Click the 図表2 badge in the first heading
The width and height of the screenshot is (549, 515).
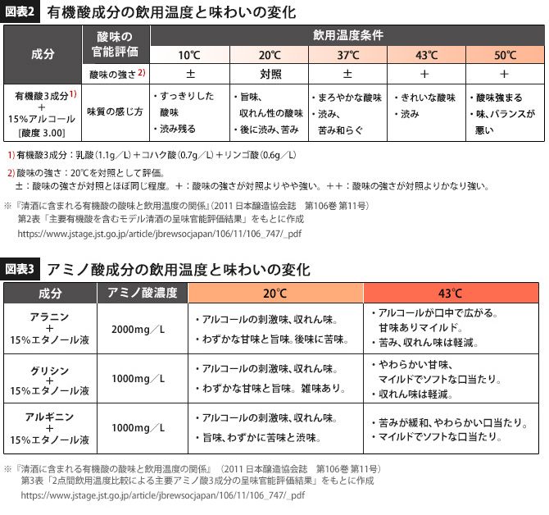[23, 13]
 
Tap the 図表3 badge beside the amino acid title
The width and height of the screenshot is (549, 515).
[23, 268]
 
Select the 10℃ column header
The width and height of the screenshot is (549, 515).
[190, 55]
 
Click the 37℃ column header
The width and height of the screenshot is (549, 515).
[348, 55]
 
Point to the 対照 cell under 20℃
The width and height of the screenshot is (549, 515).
[270, 74]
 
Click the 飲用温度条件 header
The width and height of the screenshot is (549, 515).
[348, 36]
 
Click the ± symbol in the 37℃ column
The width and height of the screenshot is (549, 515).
[348, 74]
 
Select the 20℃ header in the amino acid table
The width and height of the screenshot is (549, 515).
[275, 293]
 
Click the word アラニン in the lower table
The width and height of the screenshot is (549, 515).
[48, 316]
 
